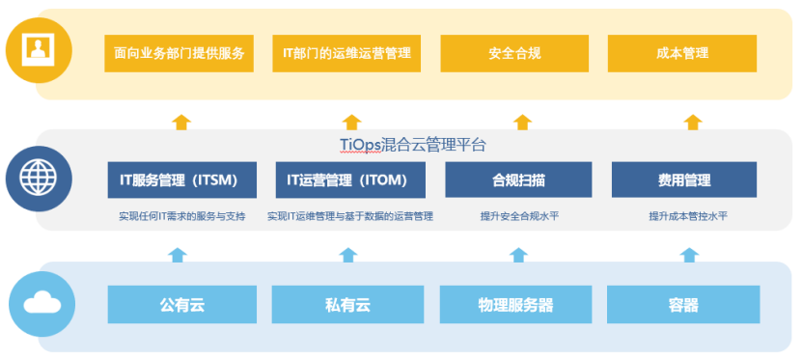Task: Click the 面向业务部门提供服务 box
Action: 179,53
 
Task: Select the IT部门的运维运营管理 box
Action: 346,53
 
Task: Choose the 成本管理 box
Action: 682,53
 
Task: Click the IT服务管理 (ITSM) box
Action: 182,180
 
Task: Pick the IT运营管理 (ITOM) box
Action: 348,180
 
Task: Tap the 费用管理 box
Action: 684,180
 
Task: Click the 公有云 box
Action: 182,305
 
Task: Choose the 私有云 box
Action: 347,305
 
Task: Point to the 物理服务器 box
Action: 515,305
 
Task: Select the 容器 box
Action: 682,305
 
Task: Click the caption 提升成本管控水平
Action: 687,216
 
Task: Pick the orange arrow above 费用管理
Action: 692,123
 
